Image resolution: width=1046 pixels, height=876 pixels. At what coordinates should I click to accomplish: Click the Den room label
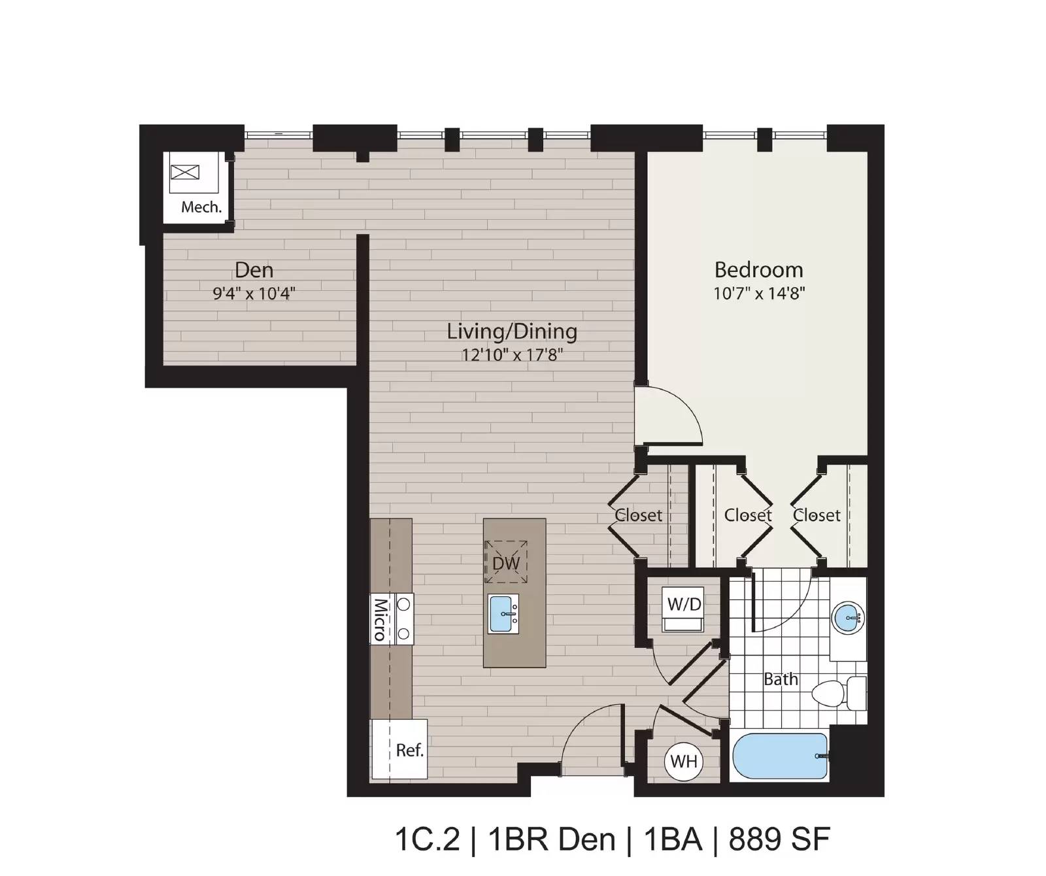(x=254, y=270)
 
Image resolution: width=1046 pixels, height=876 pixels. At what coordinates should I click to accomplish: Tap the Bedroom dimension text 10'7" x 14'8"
(x=758, y=293)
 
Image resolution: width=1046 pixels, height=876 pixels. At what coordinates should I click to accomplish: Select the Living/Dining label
(x=512, y=332)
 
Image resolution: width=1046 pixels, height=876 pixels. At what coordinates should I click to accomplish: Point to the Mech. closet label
(x=201, y=207)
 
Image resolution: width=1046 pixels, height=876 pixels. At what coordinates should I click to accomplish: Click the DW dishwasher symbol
(x=506, y=562)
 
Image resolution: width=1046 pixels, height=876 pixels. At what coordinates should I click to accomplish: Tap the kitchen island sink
(x=503, y=614)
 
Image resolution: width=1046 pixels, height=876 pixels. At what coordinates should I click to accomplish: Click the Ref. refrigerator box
(x=399, y=749)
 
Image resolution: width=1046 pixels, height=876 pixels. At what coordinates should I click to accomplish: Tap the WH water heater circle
(x=684, y=761)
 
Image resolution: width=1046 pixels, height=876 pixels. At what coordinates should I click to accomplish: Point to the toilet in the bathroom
(x=839, y=693)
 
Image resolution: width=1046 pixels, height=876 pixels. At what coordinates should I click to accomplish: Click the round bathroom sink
(x=849, y=616)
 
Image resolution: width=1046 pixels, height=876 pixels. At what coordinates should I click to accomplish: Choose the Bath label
(x=781, y=680)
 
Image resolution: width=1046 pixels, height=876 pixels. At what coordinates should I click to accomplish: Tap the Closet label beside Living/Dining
(x=638, y=515)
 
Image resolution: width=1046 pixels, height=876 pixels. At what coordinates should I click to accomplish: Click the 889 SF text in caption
(x=779, y=839)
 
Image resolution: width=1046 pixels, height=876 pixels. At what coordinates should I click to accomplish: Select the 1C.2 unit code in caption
(x=428, y=839)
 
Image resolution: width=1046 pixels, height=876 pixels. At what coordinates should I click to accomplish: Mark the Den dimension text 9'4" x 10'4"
(x=254, y=294)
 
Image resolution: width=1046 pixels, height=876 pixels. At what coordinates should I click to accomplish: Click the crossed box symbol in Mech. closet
(x=185, y=173)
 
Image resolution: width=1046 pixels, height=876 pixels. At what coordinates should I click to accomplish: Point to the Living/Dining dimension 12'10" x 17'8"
(x=512, y=355)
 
